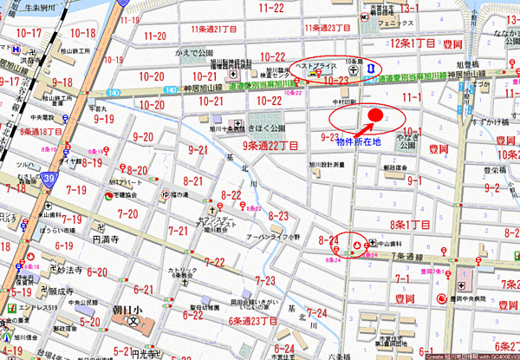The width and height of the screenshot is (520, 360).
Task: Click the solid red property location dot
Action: click(x=375, y=115)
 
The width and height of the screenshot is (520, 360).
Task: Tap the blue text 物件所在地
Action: click(x=360, y=140)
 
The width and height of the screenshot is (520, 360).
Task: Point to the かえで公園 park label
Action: click(x=193, y=53)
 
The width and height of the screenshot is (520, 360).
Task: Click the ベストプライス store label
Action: click(x=313, y=66)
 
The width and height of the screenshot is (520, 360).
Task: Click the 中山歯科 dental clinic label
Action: click(x=394, y=242)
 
